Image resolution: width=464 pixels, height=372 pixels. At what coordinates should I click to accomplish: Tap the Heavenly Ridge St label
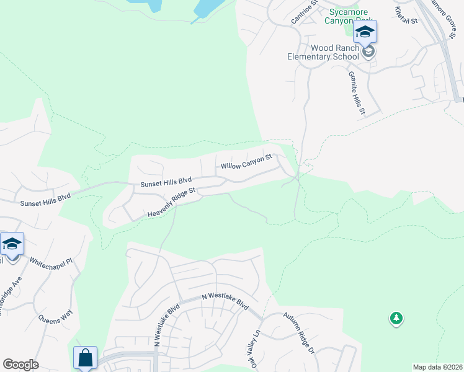pos(172,203)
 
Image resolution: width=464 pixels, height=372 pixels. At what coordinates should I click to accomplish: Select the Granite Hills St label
pos(355,93)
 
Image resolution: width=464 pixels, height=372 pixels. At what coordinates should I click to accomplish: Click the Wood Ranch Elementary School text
pos(323,53)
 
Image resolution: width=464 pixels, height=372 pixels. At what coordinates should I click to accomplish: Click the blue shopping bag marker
pos(85,358)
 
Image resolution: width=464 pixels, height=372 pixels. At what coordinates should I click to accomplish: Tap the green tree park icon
pos(396,319)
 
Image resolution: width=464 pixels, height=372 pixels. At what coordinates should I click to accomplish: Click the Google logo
pos(20,365)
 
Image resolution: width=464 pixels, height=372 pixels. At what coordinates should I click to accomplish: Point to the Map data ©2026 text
pos(437,367)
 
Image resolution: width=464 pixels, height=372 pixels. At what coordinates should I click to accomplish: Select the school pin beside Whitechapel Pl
pos(12,244)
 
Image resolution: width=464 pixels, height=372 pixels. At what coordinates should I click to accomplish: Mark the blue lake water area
pos(208,7)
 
